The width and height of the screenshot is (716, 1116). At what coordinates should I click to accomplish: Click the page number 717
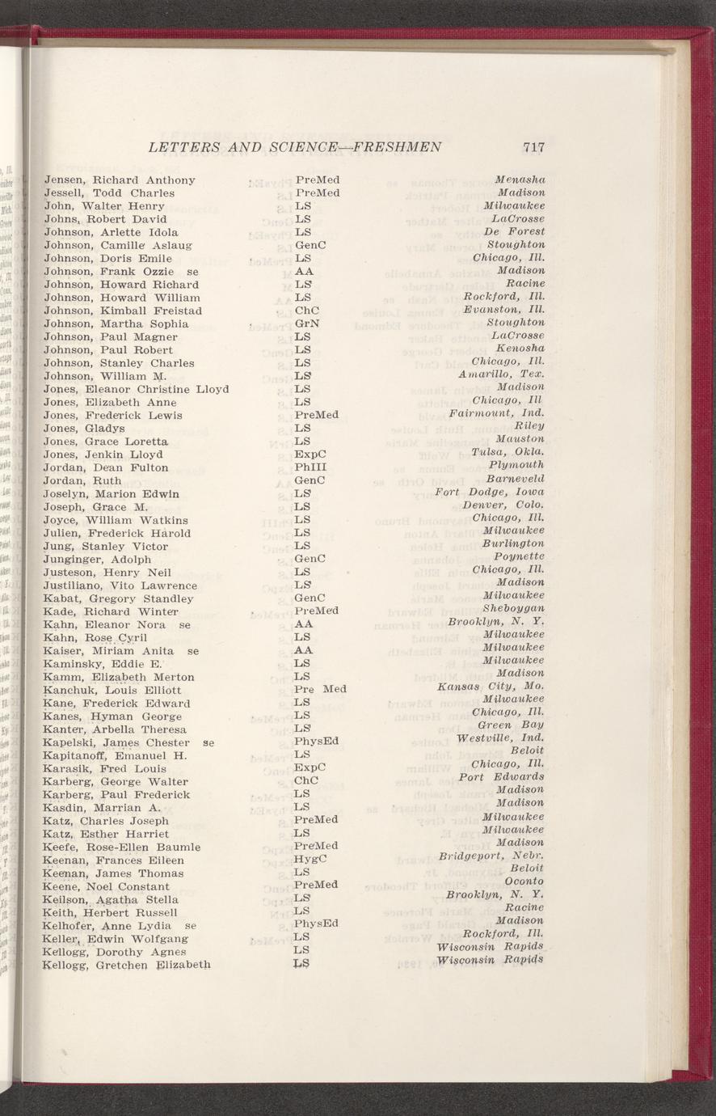533,147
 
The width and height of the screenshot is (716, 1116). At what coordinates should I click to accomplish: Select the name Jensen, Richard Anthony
120,180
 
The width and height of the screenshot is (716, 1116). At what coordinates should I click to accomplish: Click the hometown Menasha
521,179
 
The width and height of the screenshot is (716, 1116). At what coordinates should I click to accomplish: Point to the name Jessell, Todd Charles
109,193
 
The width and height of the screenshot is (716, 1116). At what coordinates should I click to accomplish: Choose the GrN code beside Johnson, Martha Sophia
307,323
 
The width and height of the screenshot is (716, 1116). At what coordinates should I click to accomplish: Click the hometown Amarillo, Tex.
501,375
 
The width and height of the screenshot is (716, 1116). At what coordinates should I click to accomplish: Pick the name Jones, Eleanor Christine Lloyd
137,389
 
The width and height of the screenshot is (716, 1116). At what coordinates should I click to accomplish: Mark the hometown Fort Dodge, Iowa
489,492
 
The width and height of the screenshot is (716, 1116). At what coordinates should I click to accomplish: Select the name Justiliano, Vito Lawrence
120,585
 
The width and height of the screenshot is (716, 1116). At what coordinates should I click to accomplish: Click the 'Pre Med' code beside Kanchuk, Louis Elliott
320,689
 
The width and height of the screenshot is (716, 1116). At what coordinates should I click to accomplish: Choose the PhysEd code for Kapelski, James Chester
316,742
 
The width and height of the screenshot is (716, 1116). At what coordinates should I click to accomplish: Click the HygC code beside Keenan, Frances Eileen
310,860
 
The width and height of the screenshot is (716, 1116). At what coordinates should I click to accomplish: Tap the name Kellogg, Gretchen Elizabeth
127,965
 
